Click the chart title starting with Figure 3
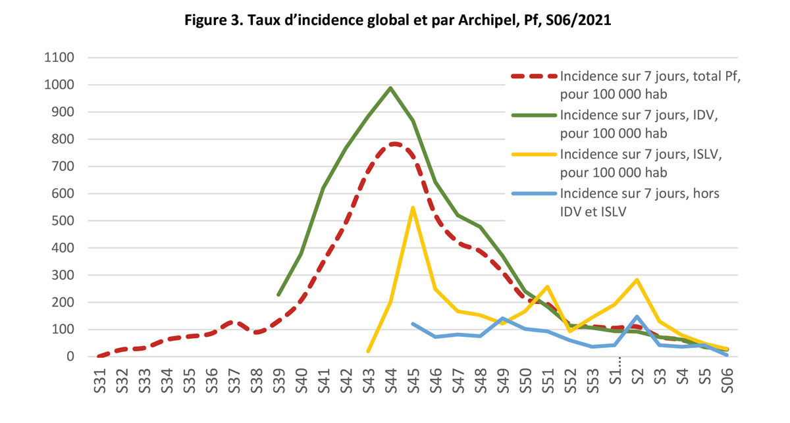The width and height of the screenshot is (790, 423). (x=395, y=20)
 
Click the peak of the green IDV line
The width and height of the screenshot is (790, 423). (x=390, y=88)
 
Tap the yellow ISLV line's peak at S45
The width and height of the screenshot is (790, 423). (x=413, y=209)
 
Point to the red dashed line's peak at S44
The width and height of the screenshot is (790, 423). (x=393, y=143)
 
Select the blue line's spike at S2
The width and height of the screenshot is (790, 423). (x=637, y=317)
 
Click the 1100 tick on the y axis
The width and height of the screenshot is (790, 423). (x=60, y=58)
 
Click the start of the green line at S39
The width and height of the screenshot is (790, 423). (x=278, y=295)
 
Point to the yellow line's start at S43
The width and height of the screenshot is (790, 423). (x=368, y=351)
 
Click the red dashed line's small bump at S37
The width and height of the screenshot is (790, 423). (x=234, y=322)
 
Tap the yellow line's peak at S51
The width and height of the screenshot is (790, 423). (x=547, y=287)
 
